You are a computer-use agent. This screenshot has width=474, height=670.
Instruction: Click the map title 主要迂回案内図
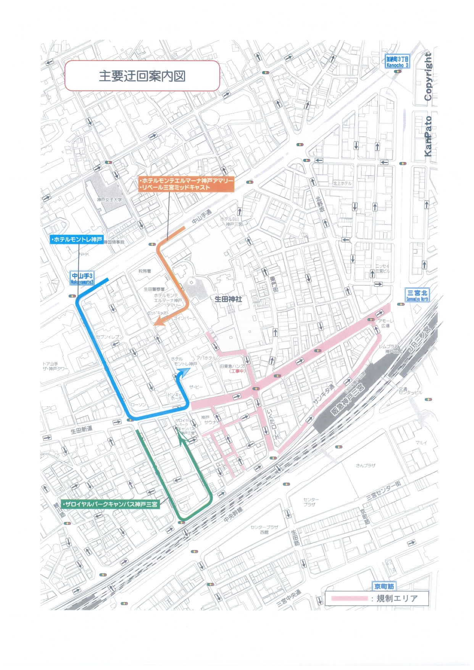[142, 76]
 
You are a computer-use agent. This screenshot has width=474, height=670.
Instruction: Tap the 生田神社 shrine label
[228, 299]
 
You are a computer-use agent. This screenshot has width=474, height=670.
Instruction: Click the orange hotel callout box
[186, 184]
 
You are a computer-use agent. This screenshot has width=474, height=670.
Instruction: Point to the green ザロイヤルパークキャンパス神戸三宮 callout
[110, 504]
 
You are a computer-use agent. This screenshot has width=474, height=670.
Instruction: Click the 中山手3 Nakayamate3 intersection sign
[82, 278]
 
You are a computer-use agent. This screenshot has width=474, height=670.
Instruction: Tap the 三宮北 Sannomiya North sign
[417, 295]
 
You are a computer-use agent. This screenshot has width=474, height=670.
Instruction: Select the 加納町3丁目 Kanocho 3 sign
[397, 61]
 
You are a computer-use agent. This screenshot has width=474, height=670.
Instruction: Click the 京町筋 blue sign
[384, 586]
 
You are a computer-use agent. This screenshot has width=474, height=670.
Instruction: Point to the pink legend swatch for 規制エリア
[349, 598]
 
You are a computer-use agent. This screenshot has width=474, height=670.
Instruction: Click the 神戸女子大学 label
[110, 200]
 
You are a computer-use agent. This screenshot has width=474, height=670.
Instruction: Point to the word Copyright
[428, 77]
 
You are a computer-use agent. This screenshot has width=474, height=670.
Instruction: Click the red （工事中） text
[237, 371]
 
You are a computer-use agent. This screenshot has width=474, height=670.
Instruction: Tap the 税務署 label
[145, 271]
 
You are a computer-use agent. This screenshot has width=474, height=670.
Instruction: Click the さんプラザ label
[365, 465]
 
